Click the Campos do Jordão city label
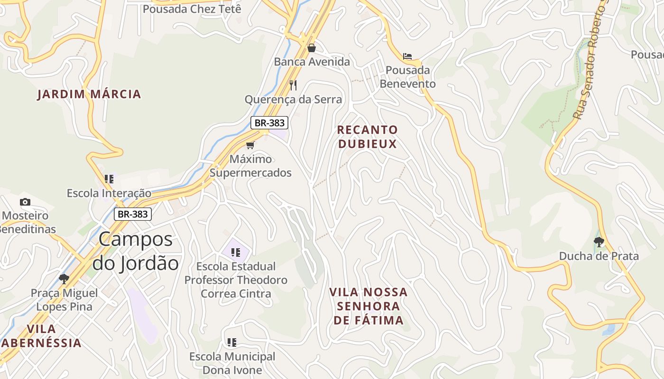click(135, 251)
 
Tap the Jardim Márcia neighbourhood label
click(89, 94)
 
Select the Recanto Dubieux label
click(367, 136)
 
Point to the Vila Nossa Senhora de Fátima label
click(369, 306)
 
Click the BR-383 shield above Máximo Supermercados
click(269, 123)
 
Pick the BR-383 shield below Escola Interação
click(133, 214)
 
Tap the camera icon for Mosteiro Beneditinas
click(25, 202)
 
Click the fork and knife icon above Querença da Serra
click(293, 85)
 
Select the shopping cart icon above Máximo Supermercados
click(250, 145)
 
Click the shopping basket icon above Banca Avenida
click(312, 48)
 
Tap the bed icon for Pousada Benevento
click(407, 56)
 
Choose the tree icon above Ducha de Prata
click(599, 242)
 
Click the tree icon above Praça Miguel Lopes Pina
click(64, 279)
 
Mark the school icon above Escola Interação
click(110, 179)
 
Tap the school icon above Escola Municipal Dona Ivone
click(232, 342)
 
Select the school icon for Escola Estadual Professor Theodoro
click(236, 252)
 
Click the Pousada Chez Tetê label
click(192, 9)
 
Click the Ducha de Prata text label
click(599, 256)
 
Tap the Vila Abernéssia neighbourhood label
click(42, 335)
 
